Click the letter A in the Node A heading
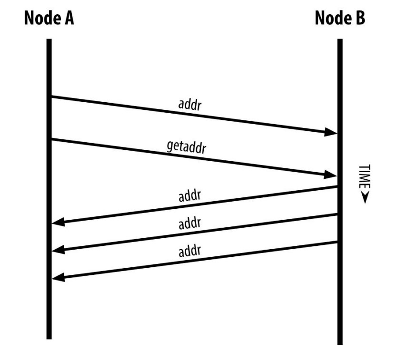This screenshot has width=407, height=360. tap(68, 19)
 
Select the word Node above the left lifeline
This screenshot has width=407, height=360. tap(42, 19)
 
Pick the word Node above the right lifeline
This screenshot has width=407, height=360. tap(333, 19)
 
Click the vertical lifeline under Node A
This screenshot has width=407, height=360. tap(49, 304)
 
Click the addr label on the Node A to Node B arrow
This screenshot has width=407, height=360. tap(189, 105)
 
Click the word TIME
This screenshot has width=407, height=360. tap(363, 178)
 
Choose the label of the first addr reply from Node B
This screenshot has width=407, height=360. tap(190, 196)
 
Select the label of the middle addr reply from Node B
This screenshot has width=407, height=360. tap(190, 224)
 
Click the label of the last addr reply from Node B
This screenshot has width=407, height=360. tap(190, 251)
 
